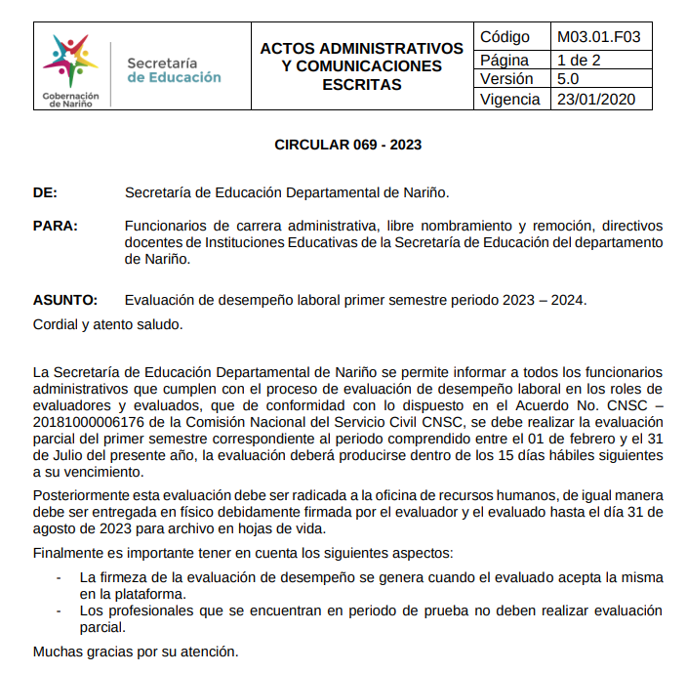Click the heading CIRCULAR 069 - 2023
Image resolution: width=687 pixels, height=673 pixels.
click(347, 145)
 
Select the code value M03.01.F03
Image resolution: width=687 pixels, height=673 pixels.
click(598, 37)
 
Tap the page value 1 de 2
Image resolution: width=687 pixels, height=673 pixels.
click(579, 59)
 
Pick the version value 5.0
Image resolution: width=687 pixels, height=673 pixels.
click(568, 79)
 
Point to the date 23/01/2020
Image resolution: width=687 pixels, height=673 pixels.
click(596, 100)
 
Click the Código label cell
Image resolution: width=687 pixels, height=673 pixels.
click(505, 37)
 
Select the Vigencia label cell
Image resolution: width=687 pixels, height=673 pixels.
click(510, 100)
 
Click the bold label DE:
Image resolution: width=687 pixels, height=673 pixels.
click(45, 192)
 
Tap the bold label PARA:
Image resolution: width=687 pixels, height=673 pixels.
click(56, 226)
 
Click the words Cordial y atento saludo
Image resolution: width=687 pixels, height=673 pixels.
click(107, 323)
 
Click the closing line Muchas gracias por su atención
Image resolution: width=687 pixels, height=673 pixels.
click(135, 650)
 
